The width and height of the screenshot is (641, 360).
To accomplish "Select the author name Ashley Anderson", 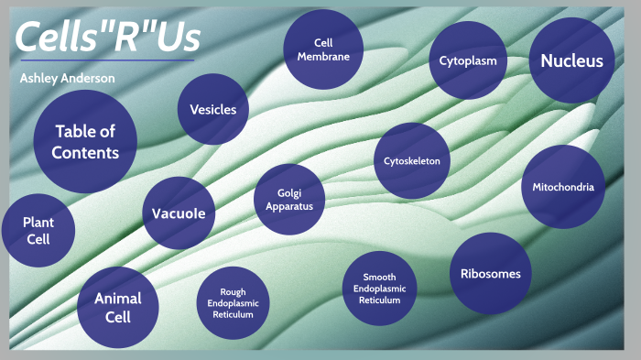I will click(68, 79).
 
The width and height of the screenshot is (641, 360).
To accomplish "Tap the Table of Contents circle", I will click(85, 141).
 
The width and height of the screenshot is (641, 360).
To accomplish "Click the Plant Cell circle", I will click(38, 230).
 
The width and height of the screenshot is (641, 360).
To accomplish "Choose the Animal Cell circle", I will click(117, 308).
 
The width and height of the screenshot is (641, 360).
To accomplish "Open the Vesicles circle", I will click(212, 110).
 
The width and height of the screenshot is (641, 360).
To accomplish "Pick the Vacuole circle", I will click(179, 214).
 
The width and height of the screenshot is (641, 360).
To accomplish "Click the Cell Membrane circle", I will click(322, 49).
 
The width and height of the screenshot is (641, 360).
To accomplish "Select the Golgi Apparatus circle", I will click(289, 200).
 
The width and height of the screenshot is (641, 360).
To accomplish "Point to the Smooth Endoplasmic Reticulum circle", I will click(379, 288).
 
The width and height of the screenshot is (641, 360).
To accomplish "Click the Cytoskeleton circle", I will click(412, 161).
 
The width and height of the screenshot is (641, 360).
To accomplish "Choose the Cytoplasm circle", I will click(468, 60).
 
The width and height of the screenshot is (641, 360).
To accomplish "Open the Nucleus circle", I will click(571, 61).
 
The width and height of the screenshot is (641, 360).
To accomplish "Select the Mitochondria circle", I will click(563, 187).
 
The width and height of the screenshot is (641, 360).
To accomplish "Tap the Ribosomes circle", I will click(491, 273).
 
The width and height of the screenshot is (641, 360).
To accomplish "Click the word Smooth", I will click(379, 276).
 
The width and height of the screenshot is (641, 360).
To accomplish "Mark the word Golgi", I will click(289, 192).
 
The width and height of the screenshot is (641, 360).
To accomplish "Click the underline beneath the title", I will click(106, 60).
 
